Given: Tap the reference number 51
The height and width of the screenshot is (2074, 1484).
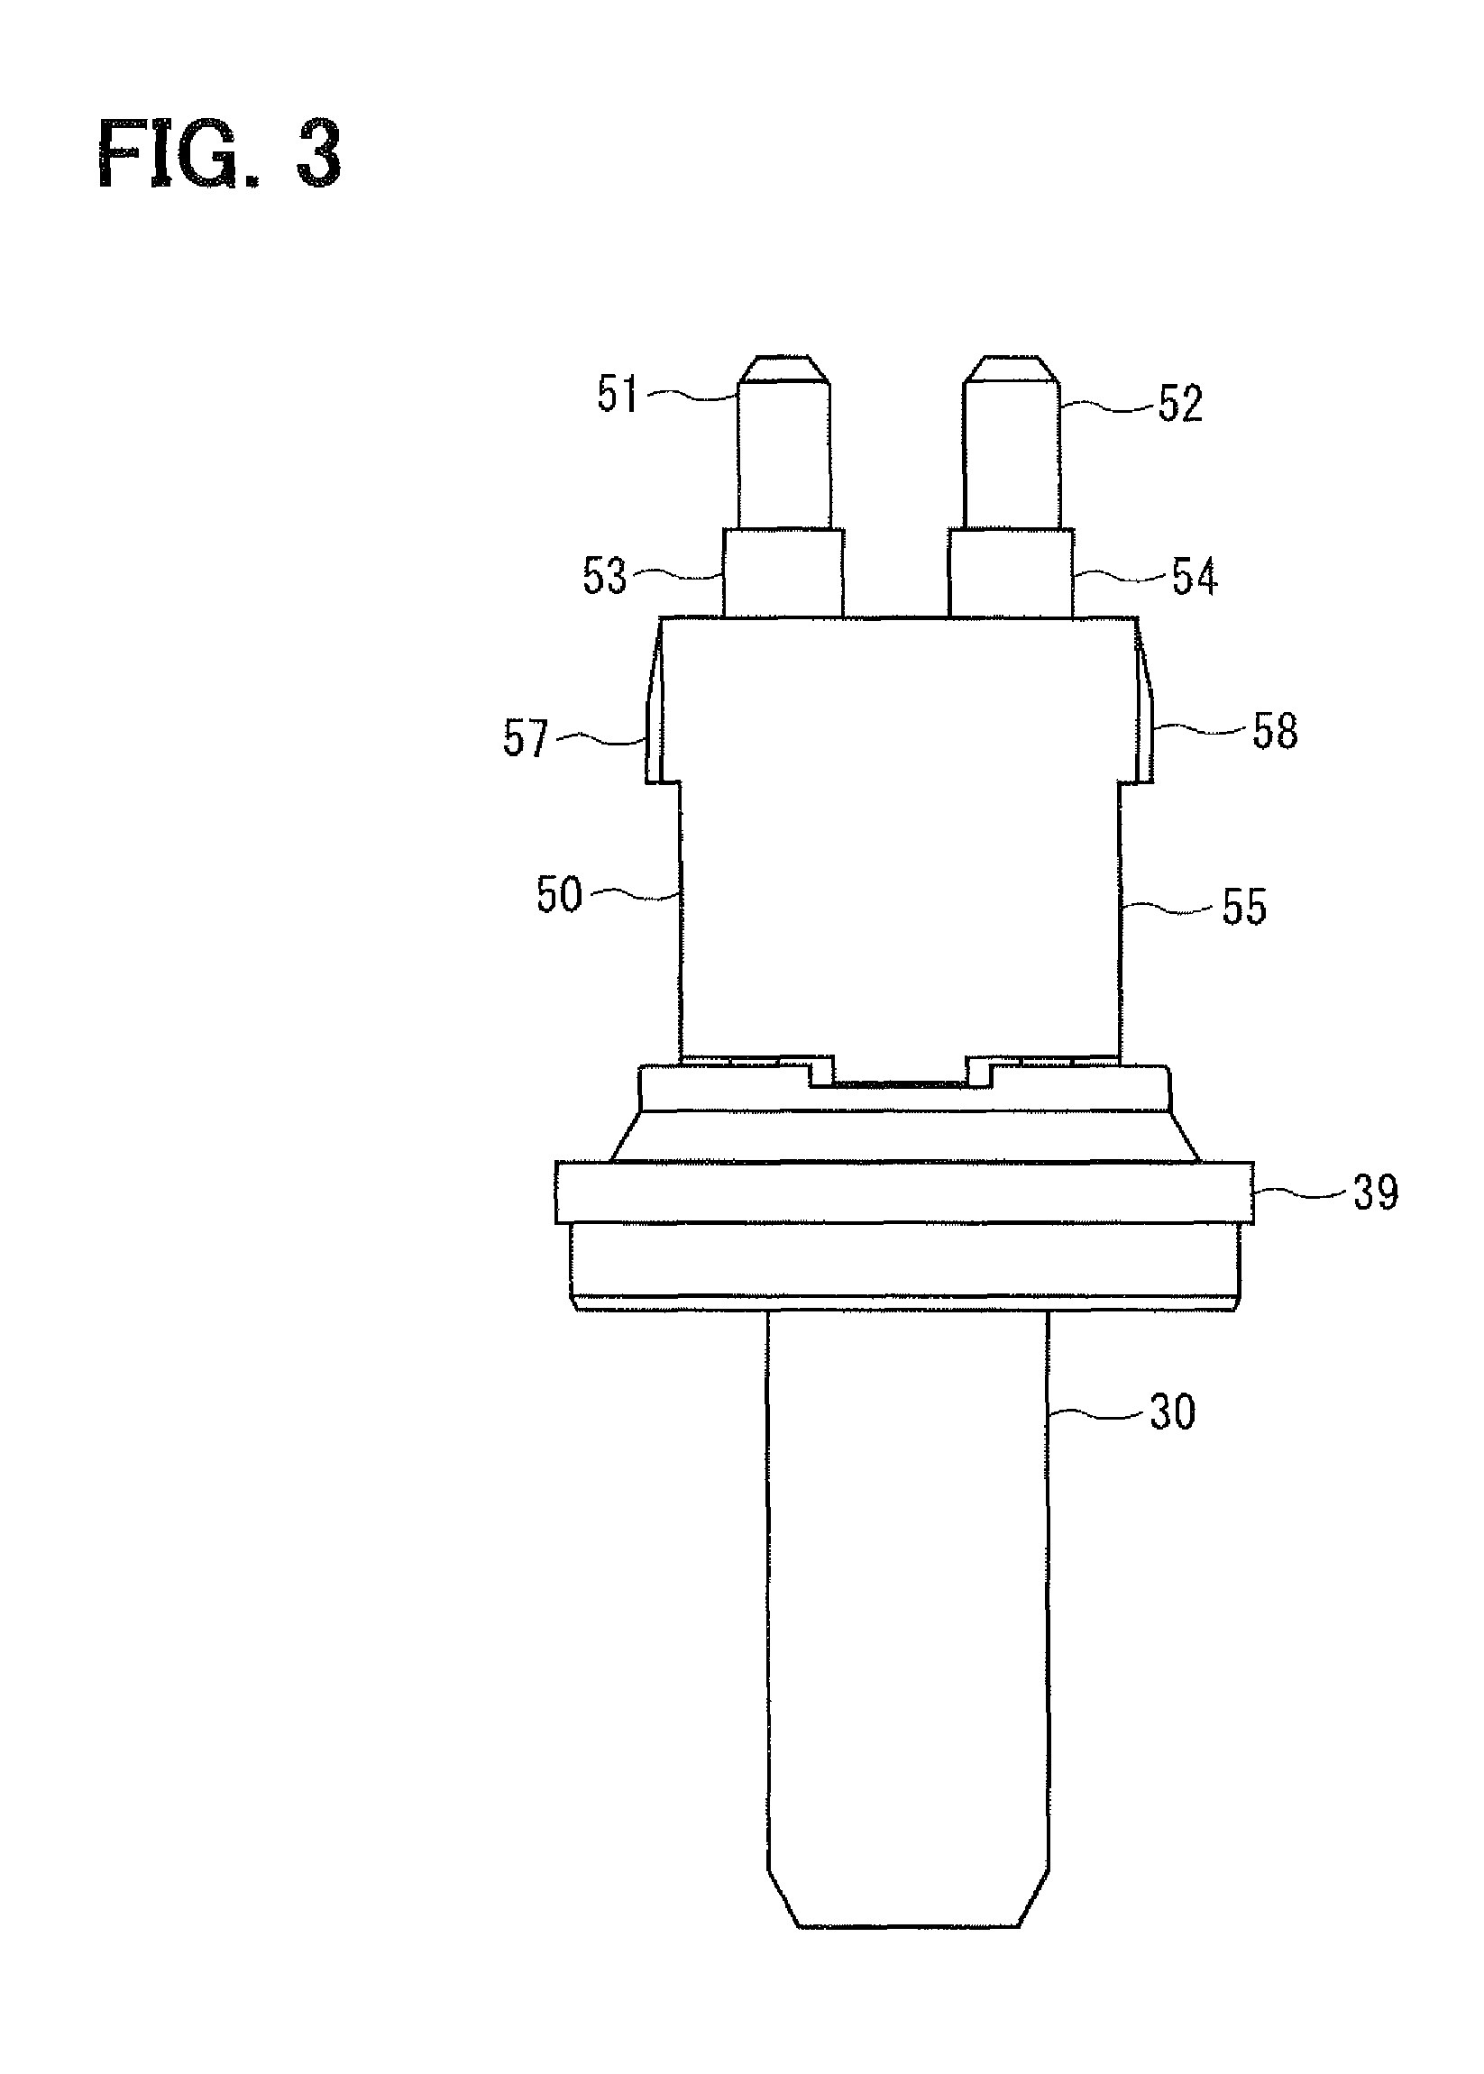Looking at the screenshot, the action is click(618, 395).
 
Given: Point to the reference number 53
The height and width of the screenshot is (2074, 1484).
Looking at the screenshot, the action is click(605, 577).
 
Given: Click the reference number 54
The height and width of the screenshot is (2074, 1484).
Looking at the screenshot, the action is click(1195, 578).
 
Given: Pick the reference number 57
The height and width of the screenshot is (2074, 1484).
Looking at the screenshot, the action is click(525, 738).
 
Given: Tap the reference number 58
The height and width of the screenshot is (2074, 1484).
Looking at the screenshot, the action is click(1274, 732).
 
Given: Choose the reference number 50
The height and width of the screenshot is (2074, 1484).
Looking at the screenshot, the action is click(558, 894).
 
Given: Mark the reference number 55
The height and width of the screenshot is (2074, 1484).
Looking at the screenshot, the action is click(1243, 908).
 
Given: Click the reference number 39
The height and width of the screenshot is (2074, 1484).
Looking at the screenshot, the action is click(1374, 1192).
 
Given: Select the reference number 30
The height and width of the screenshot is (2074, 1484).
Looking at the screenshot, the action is click(1171, 1412).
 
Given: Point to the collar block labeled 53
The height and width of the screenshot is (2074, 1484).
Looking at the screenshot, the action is click(783, 572).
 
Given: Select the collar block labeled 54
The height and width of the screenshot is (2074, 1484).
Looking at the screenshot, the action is click(1009, 572).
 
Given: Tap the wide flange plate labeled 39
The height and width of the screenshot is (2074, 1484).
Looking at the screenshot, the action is click(903, 1192).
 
